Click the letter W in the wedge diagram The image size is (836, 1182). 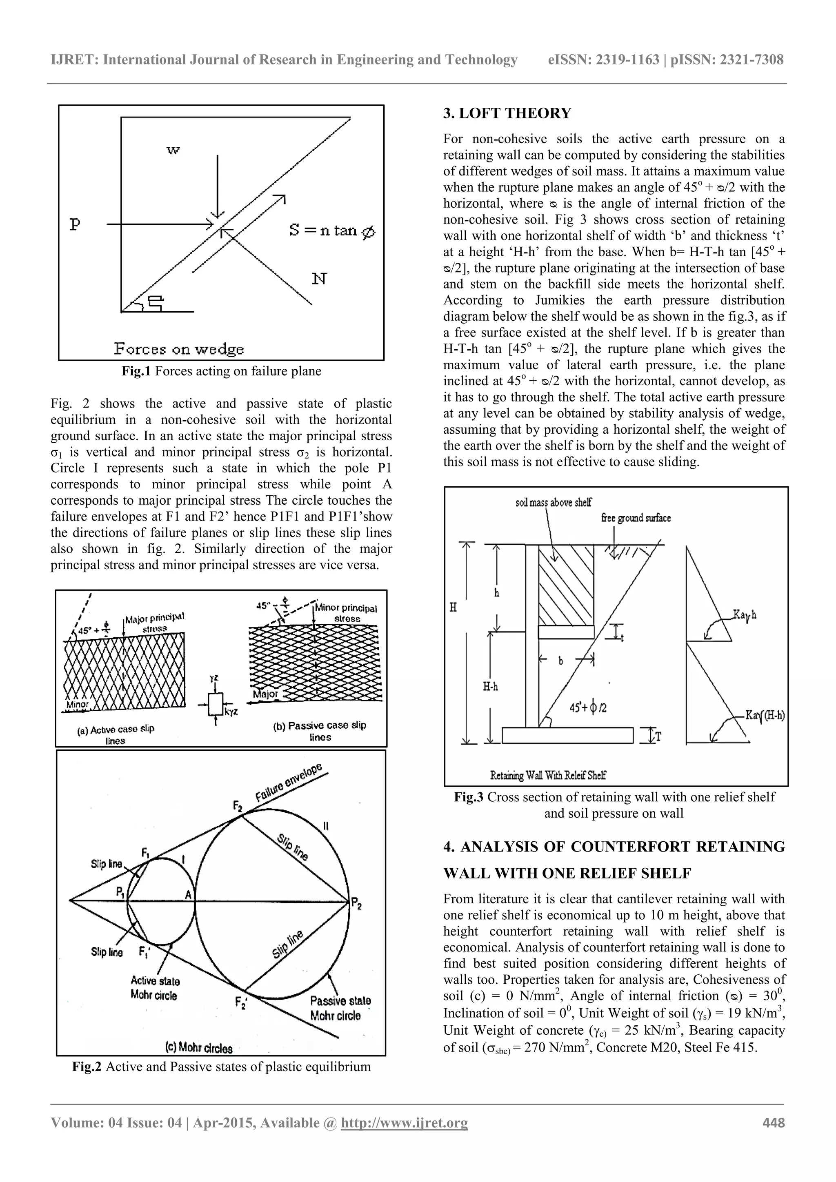pos(173,150)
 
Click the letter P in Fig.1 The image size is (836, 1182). pos(75,224)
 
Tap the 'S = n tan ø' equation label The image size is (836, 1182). pos(332,230)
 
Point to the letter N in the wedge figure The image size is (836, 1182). pos(319,279)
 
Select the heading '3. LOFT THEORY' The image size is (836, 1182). pos(507,113)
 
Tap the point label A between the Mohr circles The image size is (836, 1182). pos(189,895)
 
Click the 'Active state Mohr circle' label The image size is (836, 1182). pos(155,988)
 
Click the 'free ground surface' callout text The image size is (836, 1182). pos(636,518)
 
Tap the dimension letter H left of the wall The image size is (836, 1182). pos(453,608)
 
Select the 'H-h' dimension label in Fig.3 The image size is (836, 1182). pos(490,686)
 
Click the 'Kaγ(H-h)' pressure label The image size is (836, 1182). pos(765,715)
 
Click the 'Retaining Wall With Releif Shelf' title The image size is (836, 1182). pos(548,775)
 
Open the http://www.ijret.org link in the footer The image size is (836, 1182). pos(405,1122)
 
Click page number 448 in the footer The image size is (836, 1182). pos(773,1122)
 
